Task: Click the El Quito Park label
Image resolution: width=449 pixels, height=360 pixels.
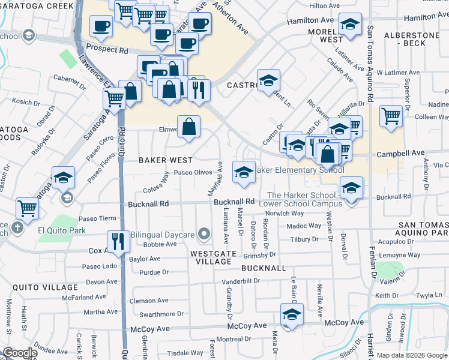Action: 62,230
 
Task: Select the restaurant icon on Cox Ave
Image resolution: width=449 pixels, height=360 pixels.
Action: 118,241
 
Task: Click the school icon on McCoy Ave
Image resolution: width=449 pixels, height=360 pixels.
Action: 292,314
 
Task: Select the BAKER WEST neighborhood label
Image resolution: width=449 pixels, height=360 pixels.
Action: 166,160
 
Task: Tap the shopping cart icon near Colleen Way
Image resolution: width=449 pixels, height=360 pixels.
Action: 391,115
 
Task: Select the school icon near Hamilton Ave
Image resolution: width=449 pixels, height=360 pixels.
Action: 350,24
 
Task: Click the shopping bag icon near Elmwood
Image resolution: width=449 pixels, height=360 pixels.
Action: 188,126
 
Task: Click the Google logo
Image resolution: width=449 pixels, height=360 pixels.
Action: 19,353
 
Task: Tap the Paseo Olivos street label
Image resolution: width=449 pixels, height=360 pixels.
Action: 193,172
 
